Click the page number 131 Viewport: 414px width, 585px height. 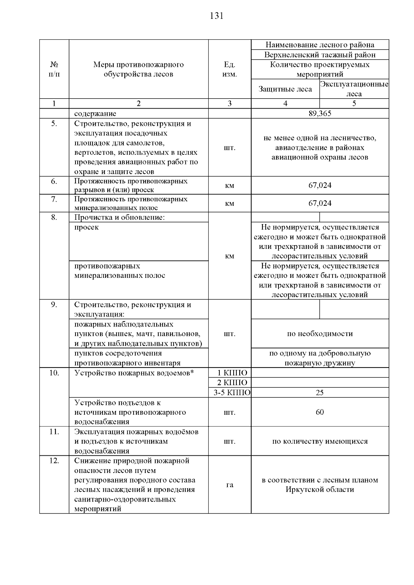pos(217,16)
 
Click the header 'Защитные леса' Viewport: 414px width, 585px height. pos(285,89)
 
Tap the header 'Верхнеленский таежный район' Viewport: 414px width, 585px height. pos(320,55)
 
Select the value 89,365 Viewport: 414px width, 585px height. pos(320,114)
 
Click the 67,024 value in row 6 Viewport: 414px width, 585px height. pos(320,185)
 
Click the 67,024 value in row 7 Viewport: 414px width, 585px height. pos(320,203)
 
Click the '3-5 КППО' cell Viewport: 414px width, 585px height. pos(230,393)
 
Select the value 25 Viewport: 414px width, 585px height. pos(320,393)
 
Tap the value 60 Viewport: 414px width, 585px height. pos(320,412)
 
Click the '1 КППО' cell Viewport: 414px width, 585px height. pos(230,373)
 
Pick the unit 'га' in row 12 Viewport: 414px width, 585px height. pos(230,485)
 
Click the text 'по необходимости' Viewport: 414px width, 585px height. pos(320,334)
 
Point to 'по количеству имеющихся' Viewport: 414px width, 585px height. pos(320,441)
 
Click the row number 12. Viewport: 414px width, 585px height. pos(54,461)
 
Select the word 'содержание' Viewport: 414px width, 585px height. pos(95,114)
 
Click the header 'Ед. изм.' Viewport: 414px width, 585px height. pos(230,69)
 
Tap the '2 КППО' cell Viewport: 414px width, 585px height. pos(230,383)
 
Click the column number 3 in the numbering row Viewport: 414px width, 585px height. pos(230,103)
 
